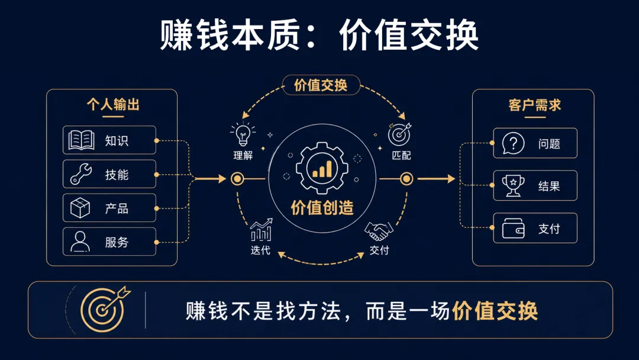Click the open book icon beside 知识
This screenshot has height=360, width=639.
[x=82, y=140]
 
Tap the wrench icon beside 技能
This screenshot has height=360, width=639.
[x=80, y=174]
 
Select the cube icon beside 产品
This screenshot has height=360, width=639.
[x=80, y=208]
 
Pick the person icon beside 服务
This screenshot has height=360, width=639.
[x=80, y=242]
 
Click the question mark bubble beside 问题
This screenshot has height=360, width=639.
[x=513, y=143]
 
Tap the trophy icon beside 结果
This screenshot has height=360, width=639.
[x=513, y=186]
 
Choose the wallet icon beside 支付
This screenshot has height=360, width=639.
[x=513, y=229]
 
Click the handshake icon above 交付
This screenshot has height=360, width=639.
[x=379, y=232]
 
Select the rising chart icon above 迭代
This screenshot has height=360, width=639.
[x=262, y=230]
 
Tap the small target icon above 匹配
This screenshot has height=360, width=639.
[x=399, y=134]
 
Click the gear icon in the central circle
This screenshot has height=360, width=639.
[x=322, y=168]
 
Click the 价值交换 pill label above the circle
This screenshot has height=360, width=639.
[x=321, y=85]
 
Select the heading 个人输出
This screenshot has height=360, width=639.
[x=113, y=104]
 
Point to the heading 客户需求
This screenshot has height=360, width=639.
[x=535, y=105]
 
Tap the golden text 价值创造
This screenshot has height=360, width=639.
[x=322, y=207]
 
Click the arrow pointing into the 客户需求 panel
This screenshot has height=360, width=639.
[x=436, y=179]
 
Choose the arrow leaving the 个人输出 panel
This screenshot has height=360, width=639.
[x=210, y=179]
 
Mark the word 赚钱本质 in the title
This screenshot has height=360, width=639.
[x=230, y=35]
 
